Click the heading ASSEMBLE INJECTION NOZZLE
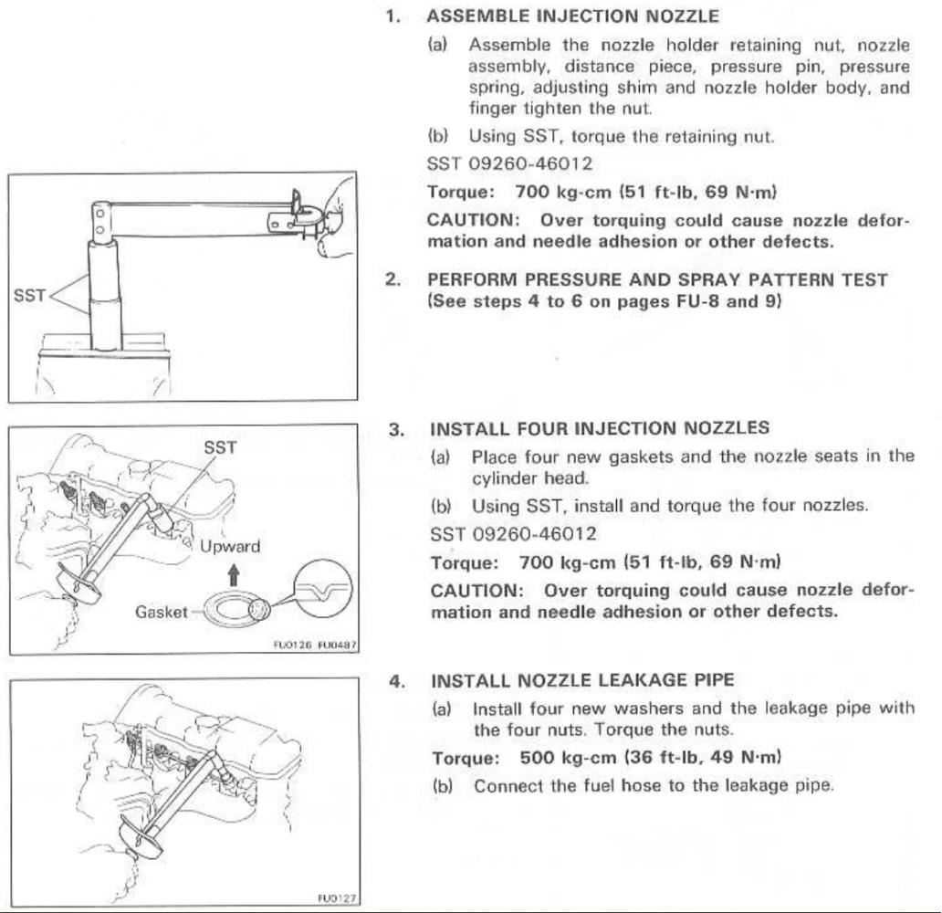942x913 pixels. pos(573,16)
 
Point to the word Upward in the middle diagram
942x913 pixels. pos(229,547)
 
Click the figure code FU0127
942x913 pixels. pos(335,899)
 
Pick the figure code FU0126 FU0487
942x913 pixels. pos(313,645)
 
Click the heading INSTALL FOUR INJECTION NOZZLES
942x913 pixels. pos(600,427)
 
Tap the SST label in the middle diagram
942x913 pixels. pos(220,447)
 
